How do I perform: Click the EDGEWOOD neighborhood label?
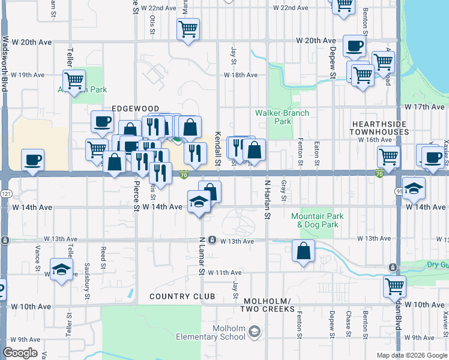coord(135,109)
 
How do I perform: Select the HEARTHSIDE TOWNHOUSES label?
coord(379,127)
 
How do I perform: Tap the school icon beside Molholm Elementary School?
coord(255,331)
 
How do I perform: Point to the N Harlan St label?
coord(268,198)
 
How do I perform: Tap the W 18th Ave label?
coord(241,75)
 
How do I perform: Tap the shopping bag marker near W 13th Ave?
coord(304,251)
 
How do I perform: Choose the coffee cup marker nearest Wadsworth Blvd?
coord(32,160)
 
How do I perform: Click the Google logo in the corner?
coord(20,353)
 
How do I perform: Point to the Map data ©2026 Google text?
coord(412,355)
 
